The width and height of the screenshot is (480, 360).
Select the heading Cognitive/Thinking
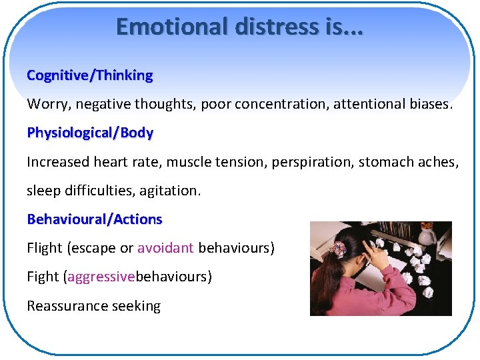pyautogui.click(x=89, y=75)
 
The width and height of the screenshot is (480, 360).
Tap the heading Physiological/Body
pyautogui.click(x=90, y=133)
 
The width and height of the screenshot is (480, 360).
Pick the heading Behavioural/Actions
pyautogui.click(x=94, y=219)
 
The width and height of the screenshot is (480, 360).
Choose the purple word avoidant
pyautogui.click(x=165, y=248)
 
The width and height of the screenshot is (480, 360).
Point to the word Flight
pyautogui.click(x=45, y=248)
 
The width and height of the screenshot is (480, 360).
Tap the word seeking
pyautogui.click(x=138, y=307)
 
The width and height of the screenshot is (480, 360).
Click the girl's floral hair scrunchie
pyautogui.click(x=339, y=249)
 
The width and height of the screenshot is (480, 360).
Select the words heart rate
pyautogui.click(x=125, y=162)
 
